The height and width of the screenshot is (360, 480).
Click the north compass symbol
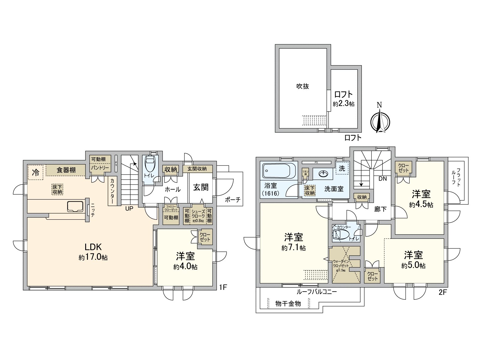[x=380, y=121]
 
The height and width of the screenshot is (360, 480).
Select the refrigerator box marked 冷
[x=36, y=172]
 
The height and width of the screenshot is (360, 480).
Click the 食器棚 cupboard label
[x=66, y=170]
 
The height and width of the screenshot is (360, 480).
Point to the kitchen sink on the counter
[x=75, y=206]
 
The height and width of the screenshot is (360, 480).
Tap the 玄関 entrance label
[x=201, y=187]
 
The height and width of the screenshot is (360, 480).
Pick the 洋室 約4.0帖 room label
[x=185, y=261]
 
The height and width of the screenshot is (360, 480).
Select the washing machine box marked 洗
[x=342, y=169]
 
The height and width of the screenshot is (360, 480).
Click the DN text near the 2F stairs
[x=382, y=179]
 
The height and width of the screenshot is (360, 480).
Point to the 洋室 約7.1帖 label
[x=294, y=242]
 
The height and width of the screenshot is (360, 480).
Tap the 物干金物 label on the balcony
[x=288, y=304]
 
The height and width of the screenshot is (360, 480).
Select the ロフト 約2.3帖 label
[x=343, y=98]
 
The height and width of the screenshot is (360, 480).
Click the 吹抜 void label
[x=302, y=86]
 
